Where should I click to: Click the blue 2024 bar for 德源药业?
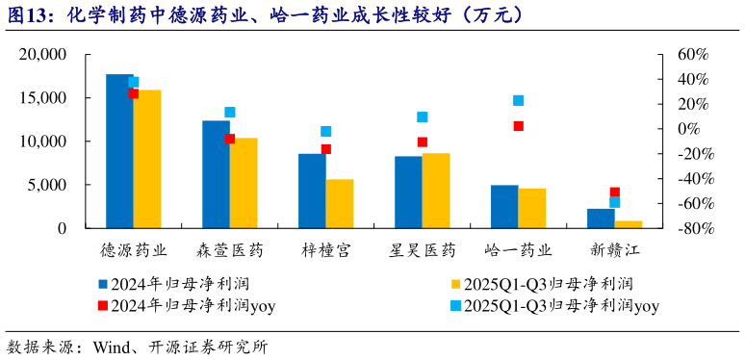pyautogui.click(x=119, y=151)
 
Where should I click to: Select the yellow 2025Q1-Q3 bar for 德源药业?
pyautogui.click(x=147, y=159)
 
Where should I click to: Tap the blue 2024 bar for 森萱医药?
pyautogui.click(x=216, y=174)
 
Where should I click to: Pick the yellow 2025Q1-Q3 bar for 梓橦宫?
pyautogui.click(x=340, y=203)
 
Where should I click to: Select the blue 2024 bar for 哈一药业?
pyautogui.click(x=504, y=206)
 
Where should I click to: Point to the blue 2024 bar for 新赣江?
pyautogui.click(x=601, y=219)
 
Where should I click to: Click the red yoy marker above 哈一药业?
pyautogui.click(x=519, y=126)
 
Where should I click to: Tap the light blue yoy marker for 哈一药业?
pyautogui.click(x=519, y=100)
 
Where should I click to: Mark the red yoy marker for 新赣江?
pyautogui.click(x=615, y=193)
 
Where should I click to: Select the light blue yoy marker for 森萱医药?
pyautogui.click(x=230, y=113)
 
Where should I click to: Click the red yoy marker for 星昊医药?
pyautogui.click(x=423, y=142)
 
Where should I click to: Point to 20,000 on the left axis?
pyautogui.click(x=42, y=55)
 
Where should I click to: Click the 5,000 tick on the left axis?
pyautogui.click(x=48, y=185)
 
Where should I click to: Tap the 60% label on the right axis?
pyautogui.click(x=693, y=55)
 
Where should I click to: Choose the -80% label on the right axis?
pyautogui.click(x=691, y=228)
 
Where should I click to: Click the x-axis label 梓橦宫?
pyautogui.click(x=326, y=250)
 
